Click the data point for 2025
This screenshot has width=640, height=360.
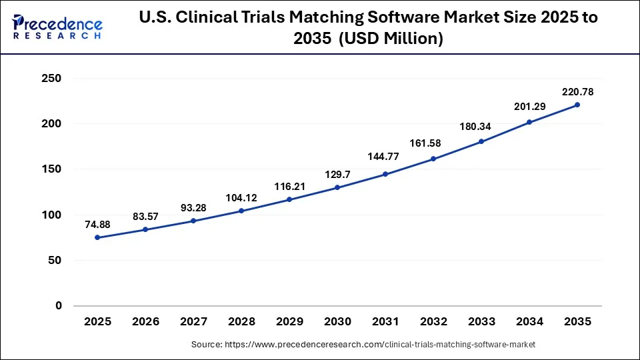(97, 237)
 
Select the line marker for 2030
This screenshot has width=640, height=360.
(337, 187)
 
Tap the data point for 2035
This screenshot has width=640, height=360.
(577, 105)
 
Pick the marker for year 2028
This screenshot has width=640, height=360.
(241, 211)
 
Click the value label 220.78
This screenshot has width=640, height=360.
(577, 91)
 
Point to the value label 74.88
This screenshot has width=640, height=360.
(97, 225)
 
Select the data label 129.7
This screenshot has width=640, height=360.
(337, 174)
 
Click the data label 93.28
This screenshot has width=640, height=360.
(193, 208)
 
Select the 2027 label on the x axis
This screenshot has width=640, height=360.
(193, 321)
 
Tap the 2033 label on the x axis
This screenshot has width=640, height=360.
(481, 321)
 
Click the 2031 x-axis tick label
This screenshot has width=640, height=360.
(385, 321)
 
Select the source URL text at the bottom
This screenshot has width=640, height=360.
(363, 345)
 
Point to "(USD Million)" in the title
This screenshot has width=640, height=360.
(391, 39)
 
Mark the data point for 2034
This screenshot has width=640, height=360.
(529, 122)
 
